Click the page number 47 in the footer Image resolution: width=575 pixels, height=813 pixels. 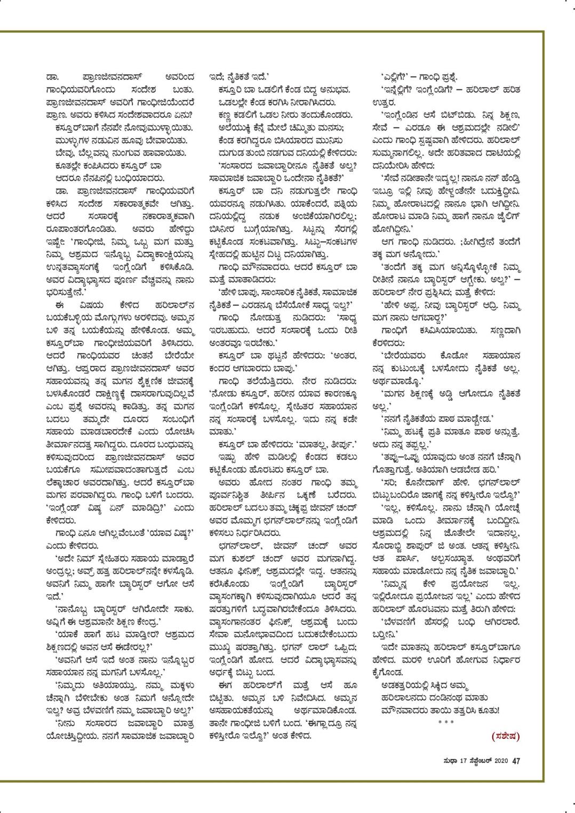pyautogui.click(x=516, y=761)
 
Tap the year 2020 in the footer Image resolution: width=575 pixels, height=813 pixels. pyautogui.click(x=501, y=761)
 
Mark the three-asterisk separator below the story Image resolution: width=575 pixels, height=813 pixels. pyautogui.click(x=444, y=722)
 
